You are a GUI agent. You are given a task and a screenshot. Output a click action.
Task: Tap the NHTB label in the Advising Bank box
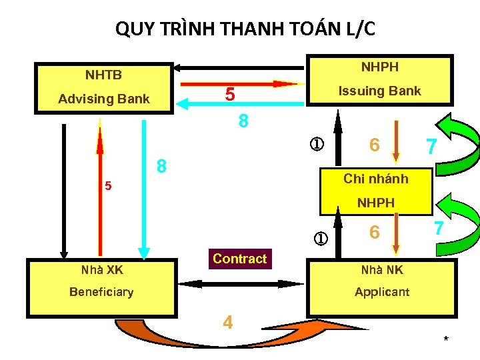coord(103,75)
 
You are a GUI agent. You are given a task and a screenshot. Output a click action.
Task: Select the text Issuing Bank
coord(379,91)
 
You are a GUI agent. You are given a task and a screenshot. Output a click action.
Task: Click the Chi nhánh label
coord(375,179)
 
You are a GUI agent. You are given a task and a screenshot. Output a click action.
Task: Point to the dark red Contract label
coord(239,259)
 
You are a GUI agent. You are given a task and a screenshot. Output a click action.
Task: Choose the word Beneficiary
coord(102,292)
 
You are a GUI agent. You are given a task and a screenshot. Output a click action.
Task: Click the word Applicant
coord(382,292)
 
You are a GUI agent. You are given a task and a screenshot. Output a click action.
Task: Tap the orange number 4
coord(228,323)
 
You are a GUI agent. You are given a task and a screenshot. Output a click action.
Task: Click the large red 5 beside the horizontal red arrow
coord(229,95)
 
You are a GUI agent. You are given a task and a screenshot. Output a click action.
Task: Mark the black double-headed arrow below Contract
coord(240,283)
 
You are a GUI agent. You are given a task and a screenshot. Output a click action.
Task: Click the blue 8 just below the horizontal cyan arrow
coord(243,121)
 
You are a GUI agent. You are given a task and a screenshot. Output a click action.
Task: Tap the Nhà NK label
coord(381,270)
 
